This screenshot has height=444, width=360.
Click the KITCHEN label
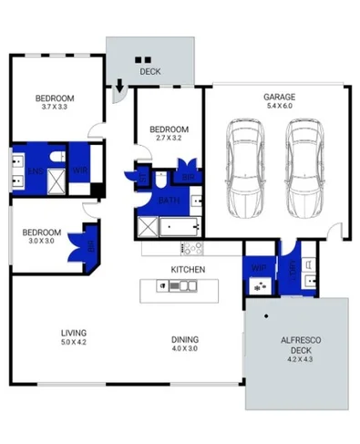point(188,269)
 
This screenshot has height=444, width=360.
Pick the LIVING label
point(73,332)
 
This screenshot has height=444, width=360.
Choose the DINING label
point(185,338)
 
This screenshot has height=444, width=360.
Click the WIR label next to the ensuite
point(78,170)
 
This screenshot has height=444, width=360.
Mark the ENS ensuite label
point(35,170)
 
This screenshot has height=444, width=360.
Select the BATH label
point(168,199)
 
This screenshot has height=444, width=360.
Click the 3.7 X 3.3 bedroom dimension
point(55,108)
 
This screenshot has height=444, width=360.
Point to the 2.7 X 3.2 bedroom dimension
point(169,139)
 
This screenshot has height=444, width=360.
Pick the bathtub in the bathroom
point(180,225)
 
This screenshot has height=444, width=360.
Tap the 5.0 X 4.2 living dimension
point(73,342)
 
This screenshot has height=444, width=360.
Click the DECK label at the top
point(149,71)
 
